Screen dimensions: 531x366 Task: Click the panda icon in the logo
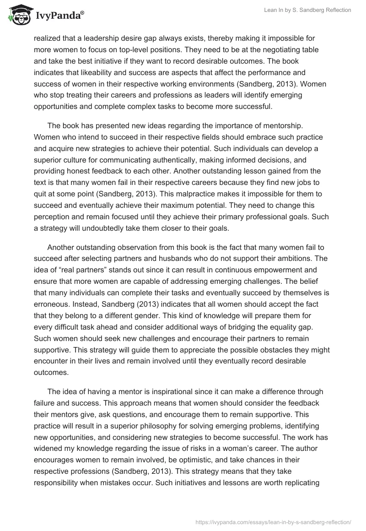click(19, 16)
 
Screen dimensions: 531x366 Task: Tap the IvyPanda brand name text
click(58, 16)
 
